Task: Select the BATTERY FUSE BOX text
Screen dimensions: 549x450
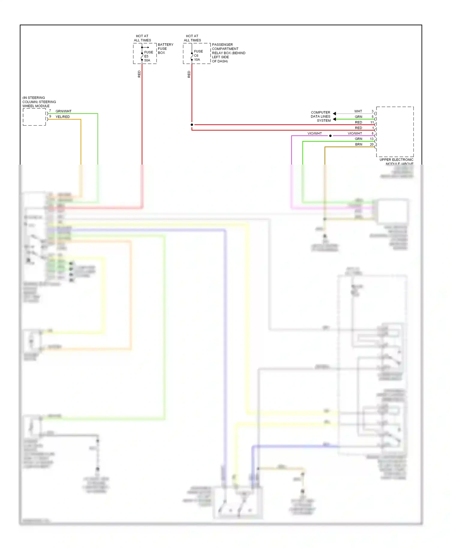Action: point(165,49)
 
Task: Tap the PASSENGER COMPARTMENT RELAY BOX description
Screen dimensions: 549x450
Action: point(228,53)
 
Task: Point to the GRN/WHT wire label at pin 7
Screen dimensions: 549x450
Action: point(63,111)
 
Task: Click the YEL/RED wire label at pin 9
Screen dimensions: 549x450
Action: point(62,117)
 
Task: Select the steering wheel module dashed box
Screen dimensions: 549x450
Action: point(34,117)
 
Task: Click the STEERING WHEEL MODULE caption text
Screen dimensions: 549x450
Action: point(39,102)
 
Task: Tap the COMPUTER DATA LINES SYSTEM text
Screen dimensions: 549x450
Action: point(320,117)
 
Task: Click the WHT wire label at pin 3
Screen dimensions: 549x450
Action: point(358,111)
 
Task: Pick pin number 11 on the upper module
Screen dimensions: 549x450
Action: point(372,122)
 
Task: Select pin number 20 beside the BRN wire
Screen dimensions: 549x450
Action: point(372,144)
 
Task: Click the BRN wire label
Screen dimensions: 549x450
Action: point(358,144)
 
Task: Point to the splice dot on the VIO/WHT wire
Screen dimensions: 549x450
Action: point(330,136)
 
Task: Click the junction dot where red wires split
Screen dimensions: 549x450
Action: point(192,125)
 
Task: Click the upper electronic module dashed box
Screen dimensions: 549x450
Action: point(395,132)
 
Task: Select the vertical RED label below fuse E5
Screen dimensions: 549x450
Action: point(139,74)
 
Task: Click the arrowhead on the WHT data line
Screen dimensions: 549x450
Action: point(334,114)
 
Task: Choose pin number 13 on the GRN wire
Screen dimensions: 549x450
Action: point(372,139)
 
